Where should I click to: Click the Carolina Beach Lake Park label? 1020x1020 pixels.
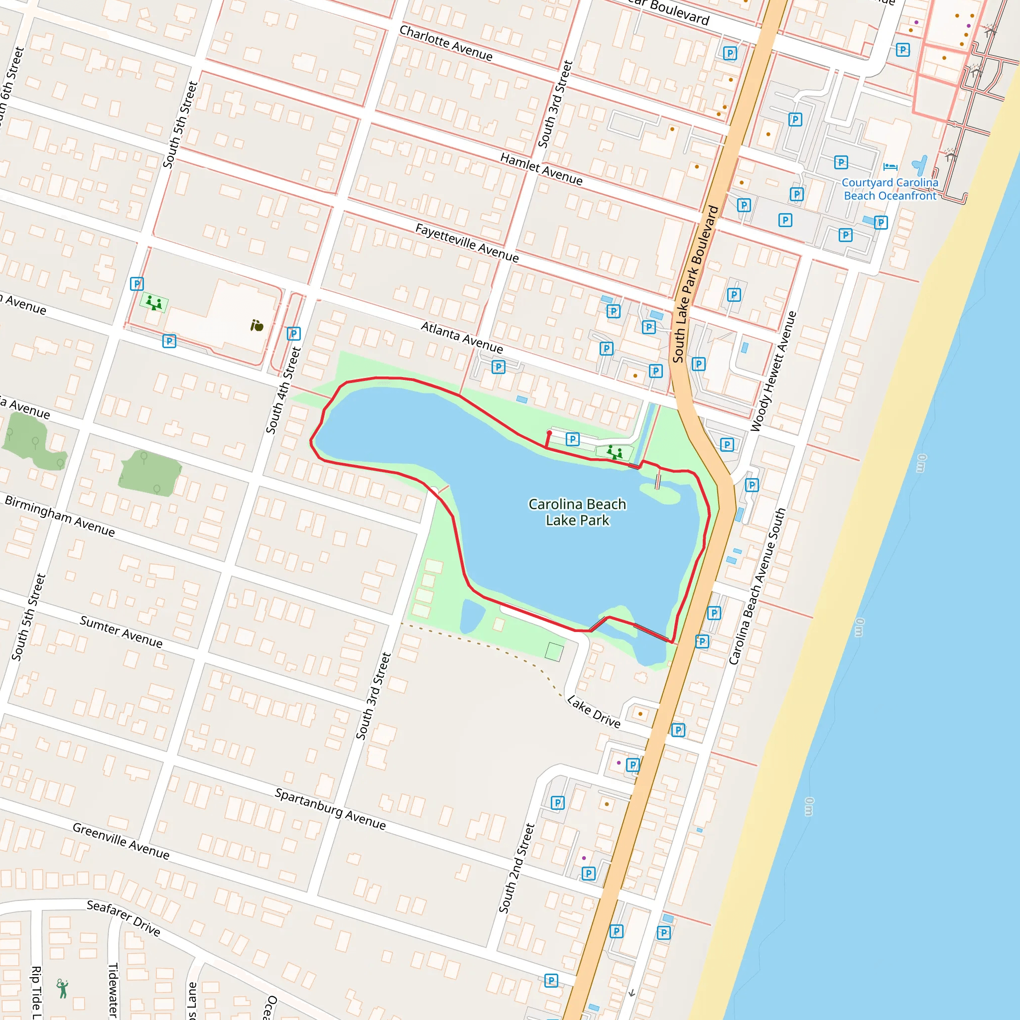coord(577,512)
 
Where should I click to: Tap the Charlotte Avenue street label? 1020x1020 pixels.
coord(446,43)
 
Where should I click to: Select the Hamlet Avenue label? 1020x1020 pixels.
coord(541,169)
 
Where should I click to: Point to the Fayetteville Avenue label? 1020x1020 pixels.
coord(467,243)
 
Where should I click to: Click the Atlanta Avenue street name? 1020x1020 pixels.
coord(462,337)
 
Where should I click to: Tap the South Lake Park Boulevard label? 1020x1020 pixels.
coord(695,284)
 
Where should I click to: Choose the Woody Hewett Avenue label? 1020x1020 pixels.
coord(773,371)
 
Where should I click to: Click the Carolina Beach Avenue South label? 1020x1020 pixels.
coord(757,587)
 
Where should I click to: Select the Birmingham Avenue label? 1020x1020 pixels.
coord(60,516)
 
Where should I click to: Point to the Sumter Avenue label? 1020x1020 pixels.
coord(121,632)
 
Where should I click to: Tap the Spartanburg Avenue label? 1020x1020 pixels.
coord(330,809)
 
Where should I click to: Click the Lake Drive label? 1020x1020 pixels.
coord(593,711)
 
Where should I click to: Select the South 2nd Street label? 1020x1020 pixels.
coord(517,868)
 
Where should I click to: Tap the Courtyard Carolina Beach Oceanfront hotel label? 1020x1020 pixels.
coord(890,189)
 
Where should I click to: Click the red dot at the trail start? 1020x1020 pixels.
coord(549,433)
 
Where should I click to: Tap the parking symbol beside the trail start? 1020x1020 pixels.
coord(572,439)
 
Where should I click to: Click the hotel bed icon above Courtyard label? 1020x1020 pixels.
coord(890,167)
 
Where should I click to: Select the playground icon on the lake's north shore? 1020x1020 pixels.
coord(614,452)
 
